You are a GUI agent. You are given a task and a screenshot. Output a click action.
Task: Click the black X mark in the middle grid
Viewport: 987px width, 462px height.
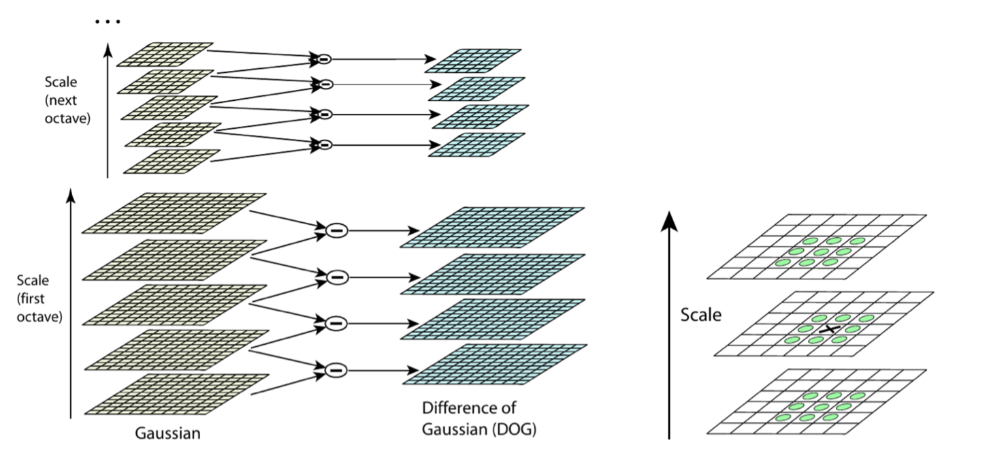click(828, 329)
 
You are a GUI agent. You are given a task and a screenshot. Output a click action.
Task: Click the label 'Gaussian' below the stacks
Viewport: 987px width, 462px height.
click(167, 433)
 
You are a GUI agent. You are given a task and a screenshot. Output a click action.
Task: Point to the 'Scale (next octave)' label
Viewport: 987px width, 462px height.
click(67, 100)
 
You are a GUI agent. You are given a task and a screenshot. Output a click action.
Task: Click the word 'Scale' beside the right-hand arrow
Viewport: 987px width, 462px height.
click(702, 315)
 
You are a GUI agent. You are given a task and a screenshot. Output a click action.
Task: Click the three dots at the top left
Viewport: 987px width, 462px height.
click(108, 22)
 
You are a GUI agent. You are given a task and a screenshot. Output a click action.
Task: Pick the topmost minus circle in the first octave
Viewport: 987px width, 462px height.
click(336, 231)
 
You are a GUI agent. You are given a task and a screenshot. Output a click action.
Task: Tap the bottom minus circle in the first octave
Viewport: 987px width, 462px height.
click(336, 370)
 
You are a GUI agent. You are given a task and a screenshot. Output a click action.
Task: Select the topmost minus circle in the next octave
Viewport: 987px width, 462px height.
click(322, 59)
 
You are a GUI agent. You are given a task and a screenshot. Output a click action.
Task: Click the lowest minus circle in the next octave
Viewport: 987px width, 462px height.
click(325, 144)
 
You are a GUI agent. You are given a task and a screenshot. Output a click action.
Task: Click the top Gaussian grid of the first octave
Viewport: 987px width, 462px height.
click(174, 213)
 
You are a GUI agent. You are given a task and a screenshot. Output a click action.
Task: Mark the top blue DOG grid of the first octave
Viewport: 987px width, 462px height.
click(493, 227)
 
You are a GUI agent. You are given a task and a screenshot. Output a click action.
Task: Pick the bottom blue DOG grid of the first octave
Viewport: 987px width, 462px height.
click(493, 365)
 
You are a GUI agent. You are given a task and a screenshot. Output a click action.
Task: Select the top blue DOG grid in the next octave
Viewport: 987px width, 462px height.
click(473, 60)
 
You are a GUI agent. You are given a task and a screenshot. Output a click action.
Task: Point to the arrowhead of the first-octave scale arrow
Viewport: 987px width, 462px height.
click(71, 198)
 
